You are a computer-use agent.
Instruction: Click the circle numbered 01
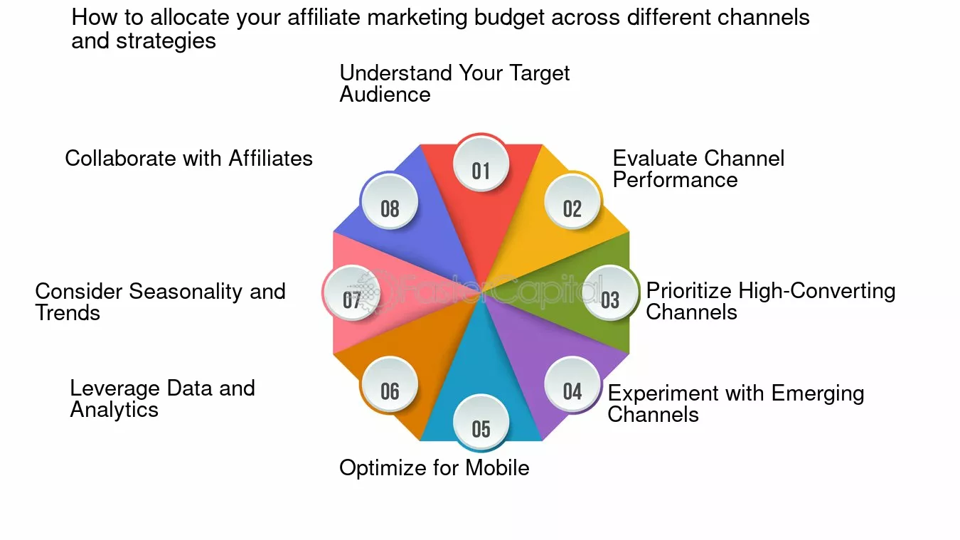click(481, 164)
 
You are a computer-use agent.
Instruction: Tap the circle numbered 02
click(572, 201)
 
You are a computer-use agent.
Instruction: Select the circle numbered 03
click(610, 292)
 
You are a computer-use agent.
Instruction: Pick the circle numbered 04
click(572, 384)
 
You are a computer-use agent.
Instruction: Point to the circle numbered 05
click(481, 422)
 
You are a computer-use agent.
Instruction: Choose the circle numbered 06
click(390, 384)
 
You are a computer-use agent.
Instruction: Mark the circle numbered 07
click(352, 292)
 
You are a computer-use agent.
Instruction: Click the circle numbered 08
click(390, 201)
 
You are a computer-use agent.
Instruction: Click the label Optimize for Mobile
click(434, 468)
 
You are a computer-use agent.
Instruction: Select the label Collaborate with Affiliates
click(188, 158)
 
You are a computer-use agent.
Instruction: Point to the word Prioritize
click(690, 292)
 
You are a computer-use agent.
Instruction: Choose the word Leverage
click(115, 389)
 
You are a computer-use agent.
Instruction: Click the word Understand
click(396, 73)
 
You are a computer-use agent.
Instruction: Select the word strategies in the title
click(166, 41)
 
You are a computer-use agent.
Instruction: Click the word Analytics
click(114, 410)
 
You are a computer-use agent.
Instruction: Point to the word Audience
click(385, 95)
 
